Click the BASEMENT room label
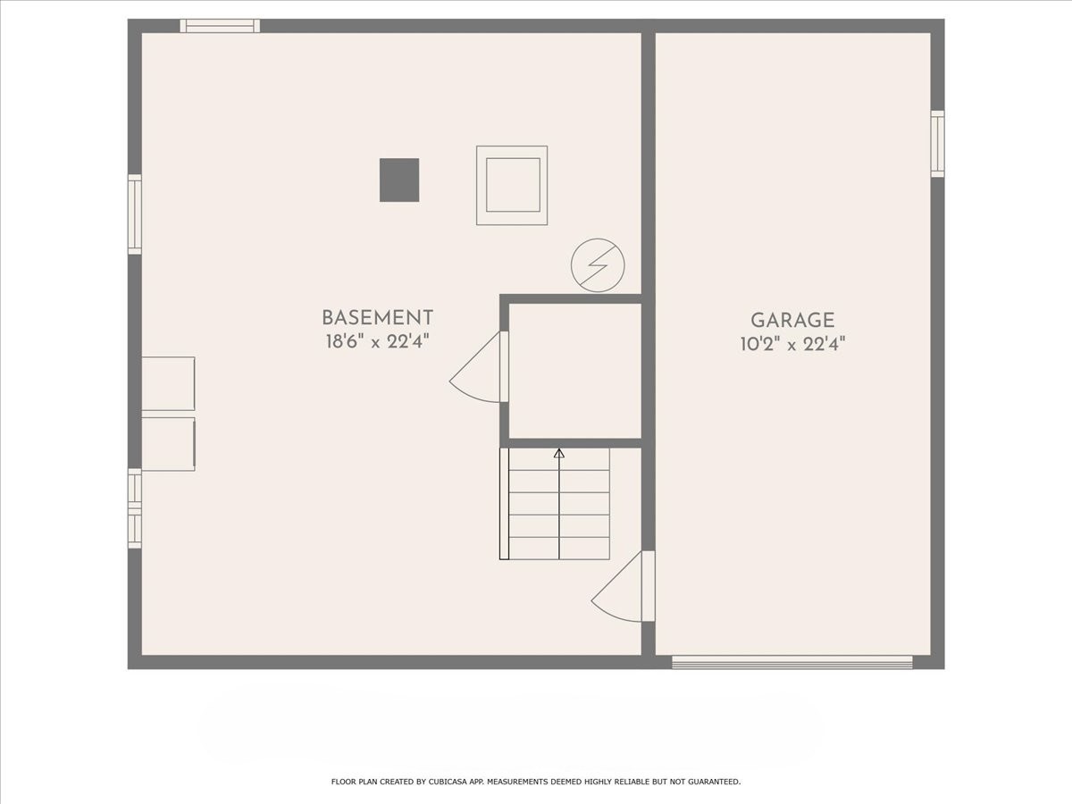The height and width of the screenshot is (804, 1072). (377, 318)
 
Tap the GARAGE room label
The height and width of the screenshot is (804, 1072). (792, 320)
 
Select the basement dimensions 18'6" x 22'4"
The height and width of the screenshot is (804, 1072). (377, 341)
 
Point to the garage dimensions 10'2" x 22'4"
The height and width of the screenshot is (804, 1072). (792, 343)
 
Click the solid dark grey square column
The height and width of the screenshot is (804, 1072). (399, 180)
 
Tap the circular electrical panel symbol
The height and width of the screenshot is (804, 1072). (598, 265)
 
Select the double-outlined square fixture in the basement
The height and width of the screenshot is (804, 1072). (512, 185)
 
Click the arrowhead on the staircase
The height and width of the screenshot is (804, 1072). (559, 454)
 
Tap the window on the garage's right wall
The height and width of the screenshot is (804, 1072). (937, 144)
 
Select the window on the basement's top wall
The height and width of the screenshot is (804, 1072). (220, 26)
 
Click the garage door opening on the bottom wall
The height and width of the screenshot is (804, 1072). (792, 662)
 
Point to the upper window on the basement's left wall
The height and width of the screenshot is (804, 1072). (135, 214)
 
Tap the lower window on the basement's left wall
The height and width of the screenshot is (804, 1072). (135, 508)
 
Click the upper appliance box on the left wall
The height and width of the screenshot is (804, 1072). (168, 384)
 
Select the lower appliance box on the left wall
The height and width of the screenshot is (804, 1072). (168, 443)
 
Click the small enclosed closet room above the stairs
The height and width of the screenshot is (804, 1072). (575, 371)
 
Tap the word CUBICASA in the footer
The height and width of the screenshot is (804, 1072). (454, 782)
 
